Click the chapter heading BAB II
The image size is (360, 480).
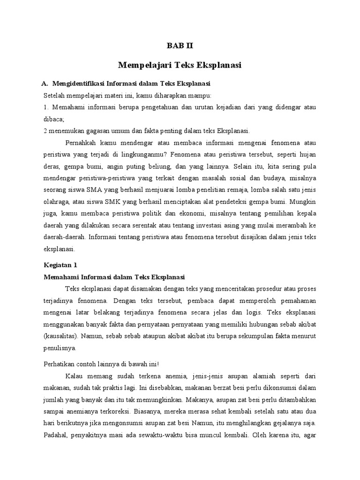180,46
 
